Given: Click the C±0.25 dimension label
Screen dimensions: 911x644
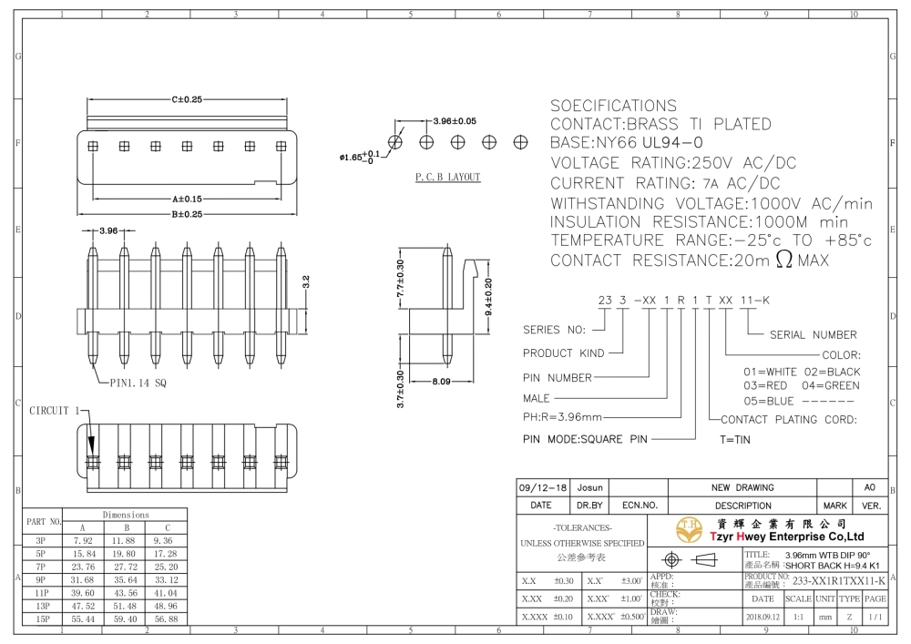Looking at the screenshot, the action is [187, 99].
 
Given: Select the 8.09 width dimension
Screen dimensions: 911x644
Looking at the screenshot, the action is [441, 382].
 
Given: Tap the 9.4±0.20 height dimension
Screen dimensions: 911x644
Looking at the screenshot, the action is [488, 297].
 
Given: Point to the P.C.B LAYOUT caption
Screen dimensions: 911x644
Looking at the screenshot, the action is [448, 177].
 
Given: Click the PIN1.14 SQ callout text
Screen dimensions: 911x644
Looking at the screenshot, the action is [138, 383].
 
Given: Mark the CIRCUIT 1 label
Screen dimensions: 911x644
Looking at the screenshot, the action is [55, 411].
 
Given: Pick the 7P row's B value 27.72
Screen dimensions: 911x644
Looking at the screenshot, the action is [125, 567].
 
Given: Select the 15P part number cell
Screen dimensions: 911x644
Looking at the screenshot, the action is [42, 619].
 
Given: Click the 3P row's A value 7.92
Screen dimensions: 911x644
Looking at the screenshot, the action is [83, 541].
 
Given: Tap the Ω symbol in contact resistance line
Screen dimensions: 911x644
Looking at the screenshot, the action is [783, 259].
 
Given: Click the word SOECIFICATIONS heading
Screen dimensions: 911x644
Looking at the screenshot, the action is [613, 106].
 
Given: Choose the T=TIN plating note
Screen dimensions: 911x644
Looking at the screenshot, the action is [735, 440].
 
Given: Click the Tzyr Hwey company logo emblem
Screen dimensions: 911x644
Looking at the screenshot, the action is [689, 530].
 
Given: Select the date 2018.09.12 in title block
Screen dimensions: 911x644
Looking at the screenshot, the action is [763, 617].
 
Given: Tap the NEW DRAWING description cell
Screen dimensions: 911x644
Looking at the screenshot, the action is [742, 487].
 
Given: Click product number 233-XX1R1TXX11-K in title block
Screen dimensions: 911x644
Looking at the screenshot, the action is [839, 581].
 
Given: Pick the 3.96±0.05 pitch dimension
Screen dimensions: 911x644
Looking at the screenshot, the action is [455, 121].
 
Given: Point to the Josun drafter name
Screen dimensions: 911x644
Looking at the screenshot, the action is [589, 487].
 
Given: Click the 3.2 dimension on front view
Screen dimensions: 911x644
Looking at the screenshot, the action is [306, 281].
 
